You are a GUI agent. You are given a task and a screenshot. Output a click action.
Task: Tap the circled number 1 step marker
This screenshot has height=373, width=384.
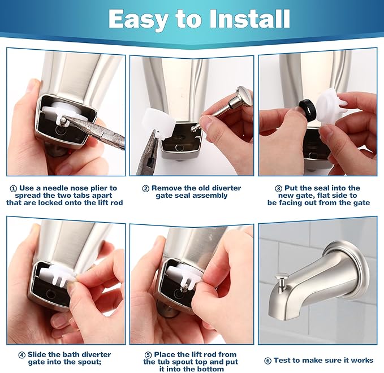point(14,188)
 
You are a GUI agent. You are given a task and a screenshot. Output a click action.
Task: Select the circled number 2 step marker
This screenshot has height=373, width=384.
point(145,188)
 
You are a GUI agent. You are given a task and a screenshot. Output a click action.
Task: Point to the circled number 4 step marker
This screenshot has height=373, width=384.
point(21,355)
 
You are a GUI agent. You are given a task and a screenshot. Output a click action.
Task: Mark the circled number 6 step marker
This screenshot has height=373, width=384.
point(267,360)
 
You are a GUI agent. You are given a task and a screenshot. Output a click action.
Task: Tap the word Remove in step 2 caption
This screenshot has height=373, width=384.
point(166,188)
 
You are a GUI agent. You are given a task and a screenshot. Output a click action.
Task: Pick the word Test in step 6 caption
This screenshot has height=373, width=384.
point(284,360)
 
